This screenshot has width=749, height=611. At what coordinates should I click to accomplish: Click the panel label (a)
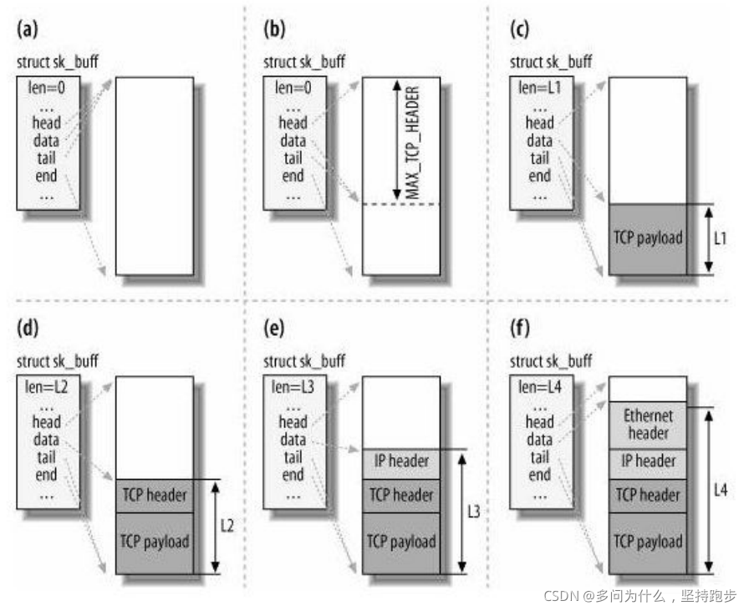pyautogui.click(x=28, y=32)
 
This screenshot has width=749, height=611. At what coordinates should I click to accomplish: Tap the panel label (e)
pyautogui.click(x=275, y=331)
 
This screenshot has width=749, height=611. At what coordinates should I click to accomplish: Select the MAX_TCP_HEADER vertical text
pyautogui.click(x=412, y=142)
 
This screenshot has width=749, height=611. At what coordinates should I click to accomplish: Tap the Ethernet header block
pyautogui.click(x=649, y=424)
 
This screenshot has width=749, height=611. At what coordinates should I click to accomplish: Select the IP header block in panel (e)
pyautogui.click(x=402, y=461)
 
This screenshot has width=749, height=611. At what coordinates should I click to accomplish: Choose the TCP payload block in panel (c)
pyautogui.click(x=649, y=237)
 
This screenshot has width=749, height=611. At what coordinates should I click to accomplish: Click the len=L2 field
pyautogui.click(x=47, y=386)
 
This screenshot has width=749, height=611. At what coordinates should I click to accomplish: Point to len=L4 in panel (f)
pyautogui.click(x=540, y=386)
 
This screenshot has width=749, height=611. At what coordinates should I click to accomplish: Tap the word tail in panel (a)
pyautogui.click(x=47, y=158)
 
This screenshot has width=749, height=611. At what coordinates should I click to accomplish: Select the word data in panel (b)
pyautogui.click(x=293, y=140)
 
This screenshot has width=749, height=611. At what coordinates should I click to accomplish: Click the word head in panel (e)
pyautogui.click(x=293, y=422)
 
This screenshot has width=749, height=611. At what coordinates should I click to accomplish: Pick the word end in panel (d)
pyautogui.click(x=47, y=475)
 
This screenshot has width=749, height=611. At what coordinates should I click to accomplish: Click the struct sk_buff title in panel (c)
pyautogui.click(x=551, y=63)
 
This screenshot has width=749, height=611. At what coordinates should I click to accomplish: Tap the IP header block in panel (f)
pyautogui.click(x=649, y=461)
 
